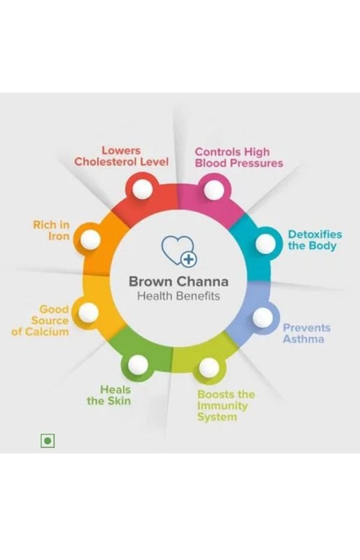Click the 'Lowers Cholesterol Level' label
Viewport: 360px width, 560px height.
[121, 156]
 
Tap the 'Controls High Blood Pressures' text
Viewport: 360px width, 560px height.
[239, 158]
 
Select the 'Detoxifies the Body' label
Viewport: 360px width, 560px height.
[314, 240]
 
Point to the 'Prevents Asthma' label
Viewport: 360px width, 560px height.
[306, 334]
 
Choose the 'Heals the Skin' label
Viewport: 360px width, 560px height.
[109, 395]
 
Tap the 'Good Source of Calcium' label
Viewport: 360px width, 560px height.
[40, 320]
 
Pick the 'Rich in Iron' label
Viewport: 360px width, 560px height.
[51, 230]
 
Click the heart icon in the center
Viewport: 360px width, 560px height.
[178, 250]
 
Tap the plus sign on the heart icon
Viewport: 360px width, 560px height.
[188, 259]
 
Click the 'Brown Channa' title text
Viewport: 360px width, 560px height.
[178, 282]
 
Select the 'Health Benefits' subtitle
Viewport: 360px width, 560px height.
[178, 296]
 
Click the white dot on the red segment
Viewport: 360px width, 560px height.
[142, 189]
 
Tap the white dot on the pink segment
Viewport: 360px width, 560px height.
[214, 190]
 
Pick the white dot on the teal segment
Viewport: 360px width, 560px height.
[266, 243]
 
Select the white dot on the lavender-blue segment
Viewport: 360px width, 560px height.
[263, 317]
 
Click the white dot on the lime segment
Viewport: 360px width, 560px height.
[209, 367]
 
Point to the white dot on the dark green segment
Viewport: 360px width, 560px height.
[138, 365]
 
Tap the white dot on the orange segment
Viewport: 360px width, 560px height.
[90, 239]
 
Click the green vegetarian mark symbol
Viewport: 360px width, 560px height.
[47, 441]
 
